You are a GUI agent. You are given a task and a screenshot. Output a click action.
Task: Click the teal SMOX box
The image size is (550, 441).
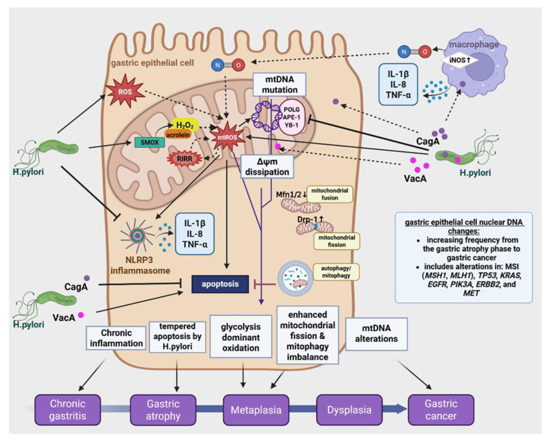coord(150,142)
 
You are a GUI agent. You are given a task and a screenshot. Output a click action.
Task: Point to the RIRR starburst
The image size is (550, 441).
coord(184,159)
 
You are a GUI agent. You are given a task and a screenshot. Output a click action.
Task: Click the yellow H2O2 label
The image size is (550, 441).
coord(185,125)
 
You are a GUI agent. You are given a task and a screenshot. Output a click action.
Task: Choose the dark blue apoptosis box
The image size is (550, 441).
coord(220,284)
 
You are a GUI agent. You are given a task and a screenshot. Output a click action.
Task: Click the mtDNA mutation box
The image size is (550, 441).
coord(280,84)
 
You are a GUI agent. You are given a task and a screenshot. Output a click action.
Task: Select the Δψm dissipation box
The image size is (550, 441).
coord(267,167)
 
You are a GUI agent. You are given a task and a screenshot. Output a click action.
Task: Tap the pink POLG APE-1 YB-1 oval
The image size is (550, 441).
coord(292,117)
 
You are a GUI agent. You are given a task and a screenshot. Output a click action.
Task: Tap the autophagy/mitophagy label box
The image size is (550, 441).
coord(336,272)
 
